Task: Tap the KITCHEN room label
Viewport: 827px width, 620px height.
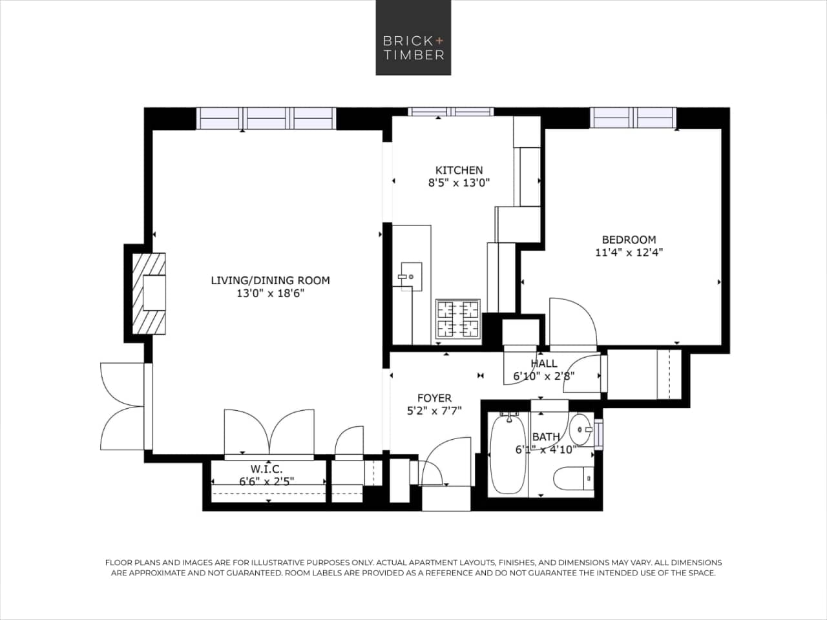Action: click(x=459, y=170)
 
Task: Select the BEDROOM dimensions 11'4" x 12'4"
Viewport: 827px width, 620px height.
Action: click(x=629, y=253)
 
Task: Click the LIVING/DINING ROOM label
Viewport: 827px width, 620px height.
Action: click(x=270, y=280)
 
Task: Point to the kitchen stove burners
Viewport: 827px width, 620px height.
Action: click(x=458, y=319)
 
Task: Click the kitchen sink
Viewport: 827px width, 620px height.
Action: click(x=410, y=275)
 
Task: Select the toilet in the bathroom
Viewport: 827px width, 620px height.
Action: click(x=573, y=479)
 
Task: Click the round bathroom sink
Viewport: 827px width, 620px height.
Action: click(x=580, y=429)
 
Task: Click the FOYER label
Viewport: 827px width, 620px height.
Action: click(x=434, y=398)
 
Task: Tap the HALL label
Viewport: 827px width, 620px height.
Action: click(x=543, y=364)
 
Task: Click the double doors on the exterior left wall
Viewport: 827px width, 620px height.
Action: click(x=123, y=406)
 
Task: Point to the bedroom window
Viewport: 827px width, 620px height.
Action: click(x=633, y=118)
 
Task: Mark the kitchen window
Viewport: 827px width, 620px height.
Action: click(x=451, y=112)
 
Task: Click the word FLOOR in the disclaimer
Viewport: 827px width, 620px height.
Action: click(x=119, y=563)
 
